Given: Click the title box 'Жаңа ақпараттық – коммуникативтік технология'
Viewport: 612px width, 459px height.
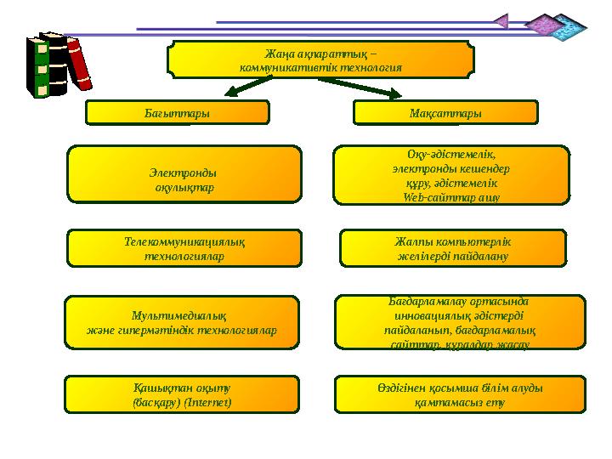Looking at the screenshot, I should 320,59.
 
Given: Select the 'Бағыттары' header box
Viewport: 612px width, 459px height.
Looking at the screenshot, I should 178,112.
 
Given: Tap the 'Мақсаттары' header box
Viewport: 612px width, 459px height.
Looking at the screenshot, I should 445,112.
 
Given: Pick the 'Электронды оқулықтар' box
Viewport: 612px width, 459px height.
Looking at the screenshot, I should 184,176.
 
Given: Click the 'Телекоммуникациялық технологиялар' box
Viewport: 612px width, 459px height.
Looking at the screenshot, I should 184,248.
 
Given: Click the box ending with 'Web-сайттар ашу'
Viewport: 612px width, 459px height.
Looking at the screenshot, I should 450,175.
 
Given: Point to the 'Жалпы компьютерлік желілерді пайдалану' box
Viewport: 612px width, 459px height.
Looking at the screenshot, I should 452,248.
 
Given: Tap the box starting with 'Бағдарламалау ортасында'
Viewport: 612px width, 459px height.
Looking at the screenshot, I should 460,322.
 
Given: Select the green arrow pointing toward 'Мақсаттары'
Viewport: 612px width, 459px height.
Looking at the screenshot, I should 375,88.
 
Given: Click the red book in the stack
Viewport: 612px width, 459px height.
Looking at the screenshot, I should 80,65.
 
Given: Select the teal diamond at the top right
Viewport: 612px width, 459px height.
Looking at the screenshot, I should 568,29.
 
